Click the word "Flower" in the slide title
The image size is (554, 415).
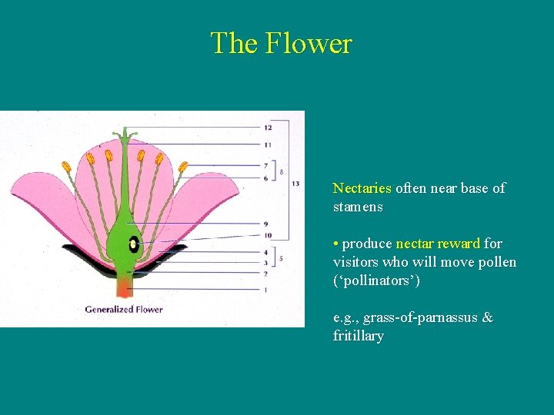tap(309, 43)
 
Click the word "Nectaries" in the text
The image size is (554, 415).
tap(362, 188)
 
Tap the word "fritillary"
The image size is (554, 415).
tap(358, 336)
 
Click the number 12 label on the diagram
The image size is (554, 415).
tap(267, 127)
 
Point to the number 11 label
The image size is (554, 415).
tap(267, 144)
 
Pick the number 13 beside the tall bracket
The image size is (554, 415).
tap(296, 184)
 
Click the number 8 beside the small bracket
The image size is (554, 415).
tap(282, 171)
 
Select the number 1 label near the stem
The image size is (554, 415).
tap(265, 290)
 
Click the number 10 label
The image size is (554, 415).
tap(267, 235)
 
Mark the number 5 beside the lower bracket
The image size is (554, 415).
tap(281, 258)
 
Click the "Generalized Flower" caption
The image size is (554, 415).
tap(124, 310)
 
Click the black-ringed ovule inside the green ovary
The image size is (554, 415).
tap(133, 244)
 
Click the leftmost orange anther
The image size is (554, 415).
tap(66, 167)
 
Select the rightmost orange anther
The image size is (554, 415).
tap(183, 167)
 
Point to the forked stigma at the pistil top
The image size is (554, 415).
tap(125, 136)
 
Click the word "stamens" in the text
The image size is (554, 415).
tap(358, 207)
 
